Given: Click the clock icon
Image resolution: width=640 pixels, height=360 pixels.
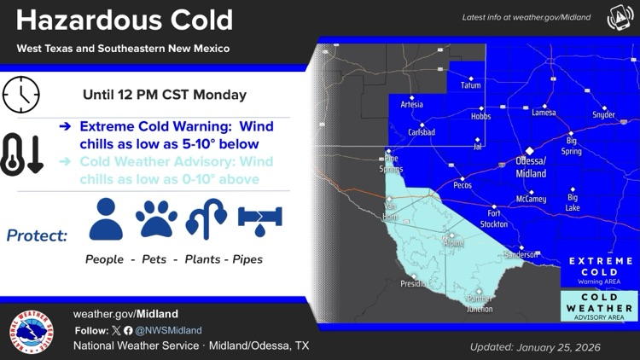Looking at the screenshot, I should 21,95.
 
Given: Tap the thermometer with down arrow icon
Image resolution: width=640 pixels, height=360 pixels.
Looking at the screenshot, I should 22,154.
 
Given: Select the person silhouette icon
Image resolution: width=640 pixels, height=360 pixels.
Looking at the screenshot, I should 106,219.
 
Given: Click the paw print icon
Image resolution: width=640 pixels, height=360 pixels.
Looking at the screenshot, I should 156,219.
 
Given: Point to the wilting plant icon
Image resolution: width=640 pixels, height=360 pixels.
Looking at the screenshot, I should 207,219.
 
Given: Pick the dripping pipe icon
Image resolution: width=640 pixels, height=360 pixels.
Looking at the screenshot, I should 259,219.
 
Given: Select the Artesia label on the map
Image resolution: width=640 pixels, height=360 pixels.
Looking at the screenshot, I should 411,105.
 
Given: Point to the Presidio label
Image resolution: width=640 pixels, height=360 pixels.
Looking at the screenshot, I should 414,284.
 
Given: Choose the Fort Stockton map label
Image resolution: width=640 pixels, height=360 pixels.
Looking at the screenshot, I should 494,218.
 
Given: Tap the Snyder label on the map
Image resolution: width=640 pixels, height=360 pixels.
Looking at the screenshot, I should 603,114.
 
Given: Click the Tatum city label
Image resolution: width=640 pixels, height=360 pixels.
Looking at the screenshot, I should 470,85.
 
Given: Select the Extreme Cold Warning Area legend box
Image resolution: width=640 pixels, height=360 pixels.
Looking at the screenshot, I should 600,270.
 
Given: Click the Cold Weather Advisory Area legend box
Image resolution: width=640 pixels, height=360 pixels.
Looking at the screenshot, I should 600,306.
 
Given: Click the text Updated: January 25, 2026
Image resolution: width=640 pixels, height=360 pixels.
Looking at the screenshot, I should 535,347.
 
